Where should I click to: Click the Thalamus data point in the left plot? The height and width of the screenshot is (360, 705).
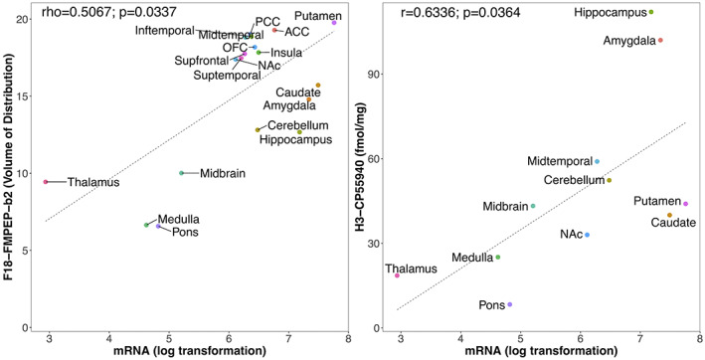point(46,182)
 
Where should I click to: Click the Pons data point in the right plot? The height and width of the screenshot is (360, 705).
point(510,305)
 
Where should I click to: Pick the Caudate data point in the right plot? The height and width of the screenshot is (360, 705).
point(669,215)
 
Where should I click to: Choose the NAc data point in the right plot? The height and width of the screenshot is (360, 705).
point(588,235)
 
